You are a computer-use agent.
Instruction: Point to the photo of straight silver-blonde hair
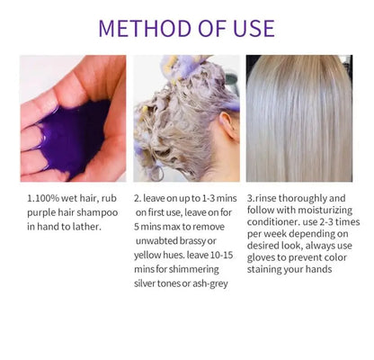click(298, 118)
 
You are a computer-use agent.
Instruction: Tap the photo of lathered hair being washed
click(186, 118)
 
